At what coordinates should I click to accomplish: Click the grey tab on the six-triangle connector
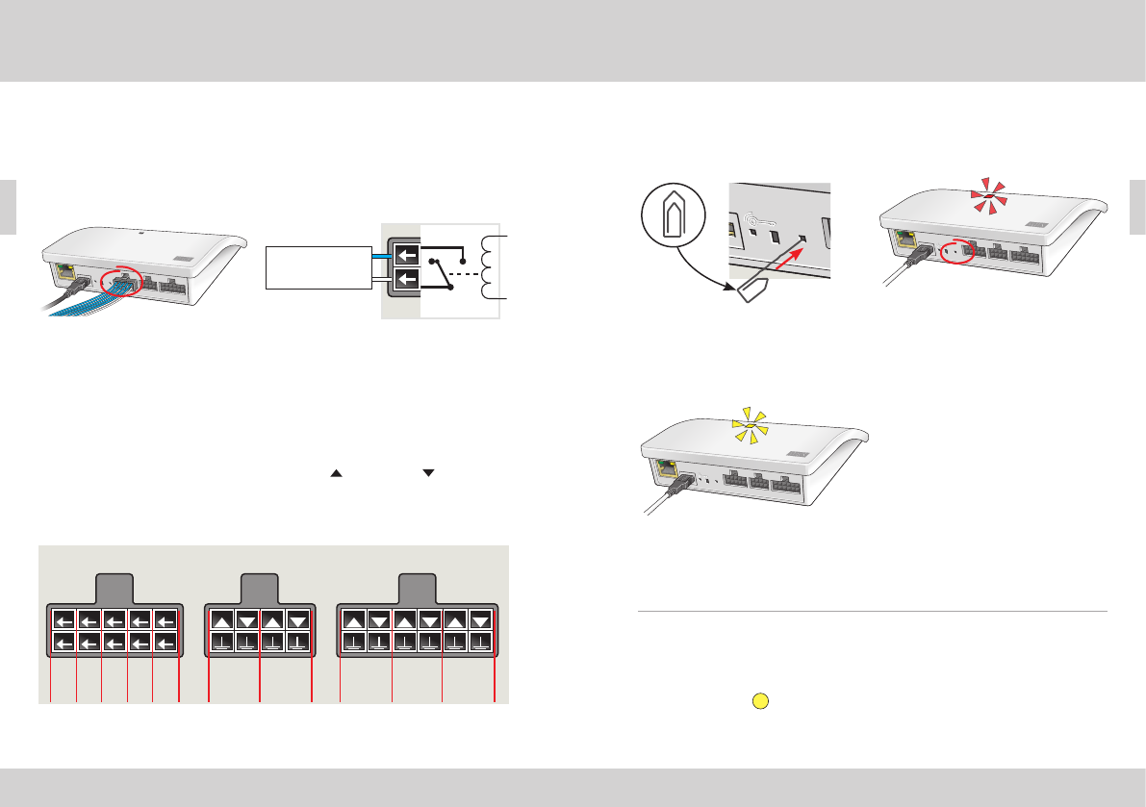[x=416, y=588]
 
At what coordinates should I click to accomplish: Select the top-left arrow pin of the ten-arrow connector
[x=64, y=620]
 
